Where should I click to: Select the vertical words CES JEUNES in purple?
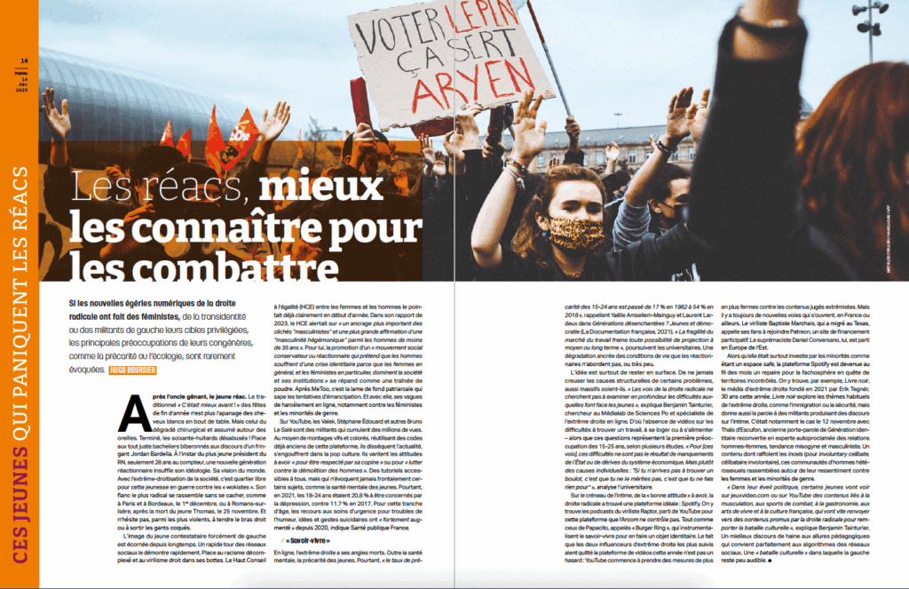tap(19, 514)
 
